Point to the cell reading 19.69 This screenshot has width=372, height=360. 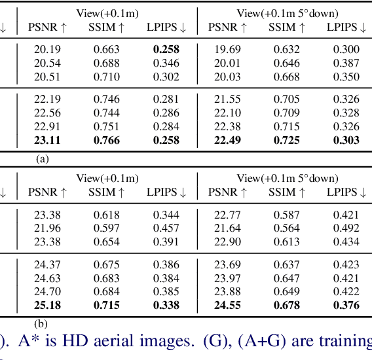(x=227, y=49)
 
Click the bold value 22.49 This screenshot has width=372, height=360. (x=227, y=140)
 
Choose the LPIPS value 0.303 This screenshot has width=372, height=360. (x=346, y=140)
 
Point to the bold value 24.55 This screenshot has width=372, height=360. (x=227, y=305)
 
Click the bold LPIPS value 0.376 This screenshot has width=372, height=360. (x=346, y=305)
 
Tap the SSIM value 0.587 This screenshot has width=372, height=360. (x=287, y=215)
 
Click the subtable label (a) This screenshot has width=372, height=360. (x=43, y=158)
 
